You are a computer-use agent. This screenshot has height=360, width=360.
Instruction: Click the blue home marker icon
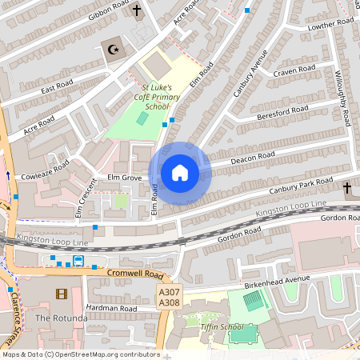pos(180,173)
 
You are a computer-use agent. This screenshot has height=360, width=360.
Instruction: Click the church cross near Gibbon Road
pos(137,10)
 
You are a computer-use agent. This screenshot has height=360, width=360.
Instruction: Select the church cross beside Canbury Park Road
pos(347,188)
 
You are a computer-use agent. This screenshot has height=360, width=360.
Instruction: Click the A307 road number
pos(170,292)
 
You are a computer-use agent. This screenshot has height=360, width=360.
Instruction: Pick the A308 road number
pos(170,302)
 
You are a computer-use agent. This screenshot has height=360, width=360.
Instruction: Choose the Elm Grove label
pos(124,177)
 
